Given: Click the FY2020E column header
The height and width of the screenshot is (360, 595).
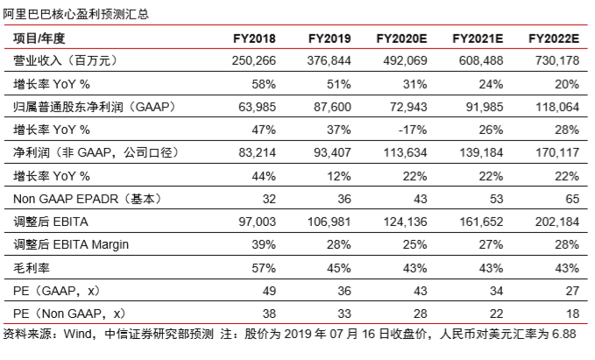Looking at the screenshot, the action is pos(401,39).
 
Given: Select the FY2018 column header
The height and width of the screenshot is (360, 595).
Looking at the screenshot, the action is pos(254,39).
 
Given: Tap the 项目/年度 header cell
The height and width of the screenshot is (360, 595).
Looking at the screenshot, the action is pos(39,39).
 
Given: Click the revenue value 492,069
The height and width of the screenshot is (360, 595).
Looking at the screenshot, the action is pos(405,60).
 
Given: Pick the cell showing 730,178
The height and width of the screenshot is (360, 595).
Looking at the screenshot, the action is pos(557,60).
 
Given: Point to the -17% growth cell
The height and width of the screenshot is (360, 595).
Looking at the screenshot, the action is pos(413,131).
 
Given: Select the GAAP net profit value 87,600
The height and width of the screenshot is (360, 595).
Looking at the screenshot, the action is pos(332,107).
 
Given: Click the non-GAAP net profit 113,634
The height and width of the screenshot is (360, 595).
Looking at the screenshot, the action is pos(405,153).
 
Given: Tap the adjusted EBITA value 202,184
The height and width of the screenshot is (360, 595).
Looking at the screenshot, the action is pos(557,222).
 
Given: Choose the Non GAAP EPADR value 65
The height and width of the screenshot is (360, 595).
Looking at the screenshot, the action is pos(572,199).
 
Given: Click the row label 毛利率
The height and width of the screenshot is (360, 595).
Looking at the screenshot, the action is pos(32,268).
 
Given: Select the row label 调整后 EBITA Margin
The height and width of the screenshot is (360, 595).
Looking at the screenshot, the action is pos(71,244).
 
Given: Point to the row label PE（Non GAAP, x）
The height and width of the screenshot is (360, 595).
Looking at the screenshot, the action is pos(69,314).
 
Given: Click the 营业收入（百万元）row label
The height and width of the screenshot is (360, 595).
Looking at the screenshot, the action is pos(66,60).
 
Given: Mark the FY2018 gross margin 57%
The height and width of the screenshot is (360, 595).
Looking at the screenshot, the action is pos(264,268).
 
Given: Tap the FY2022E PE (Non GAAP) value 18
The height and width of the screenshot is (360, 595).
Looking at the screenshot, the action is pos(572,314).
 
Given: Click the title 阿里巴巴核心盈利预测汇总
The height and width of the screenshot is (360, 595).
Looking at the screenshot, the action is pos(76,14).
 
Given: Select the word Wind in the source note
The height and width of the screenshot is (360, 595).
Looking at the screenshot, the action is pos(78,335).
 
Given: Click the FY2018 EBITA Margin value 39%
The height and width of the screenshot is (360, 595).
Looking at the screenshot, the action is pos(264,244).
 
